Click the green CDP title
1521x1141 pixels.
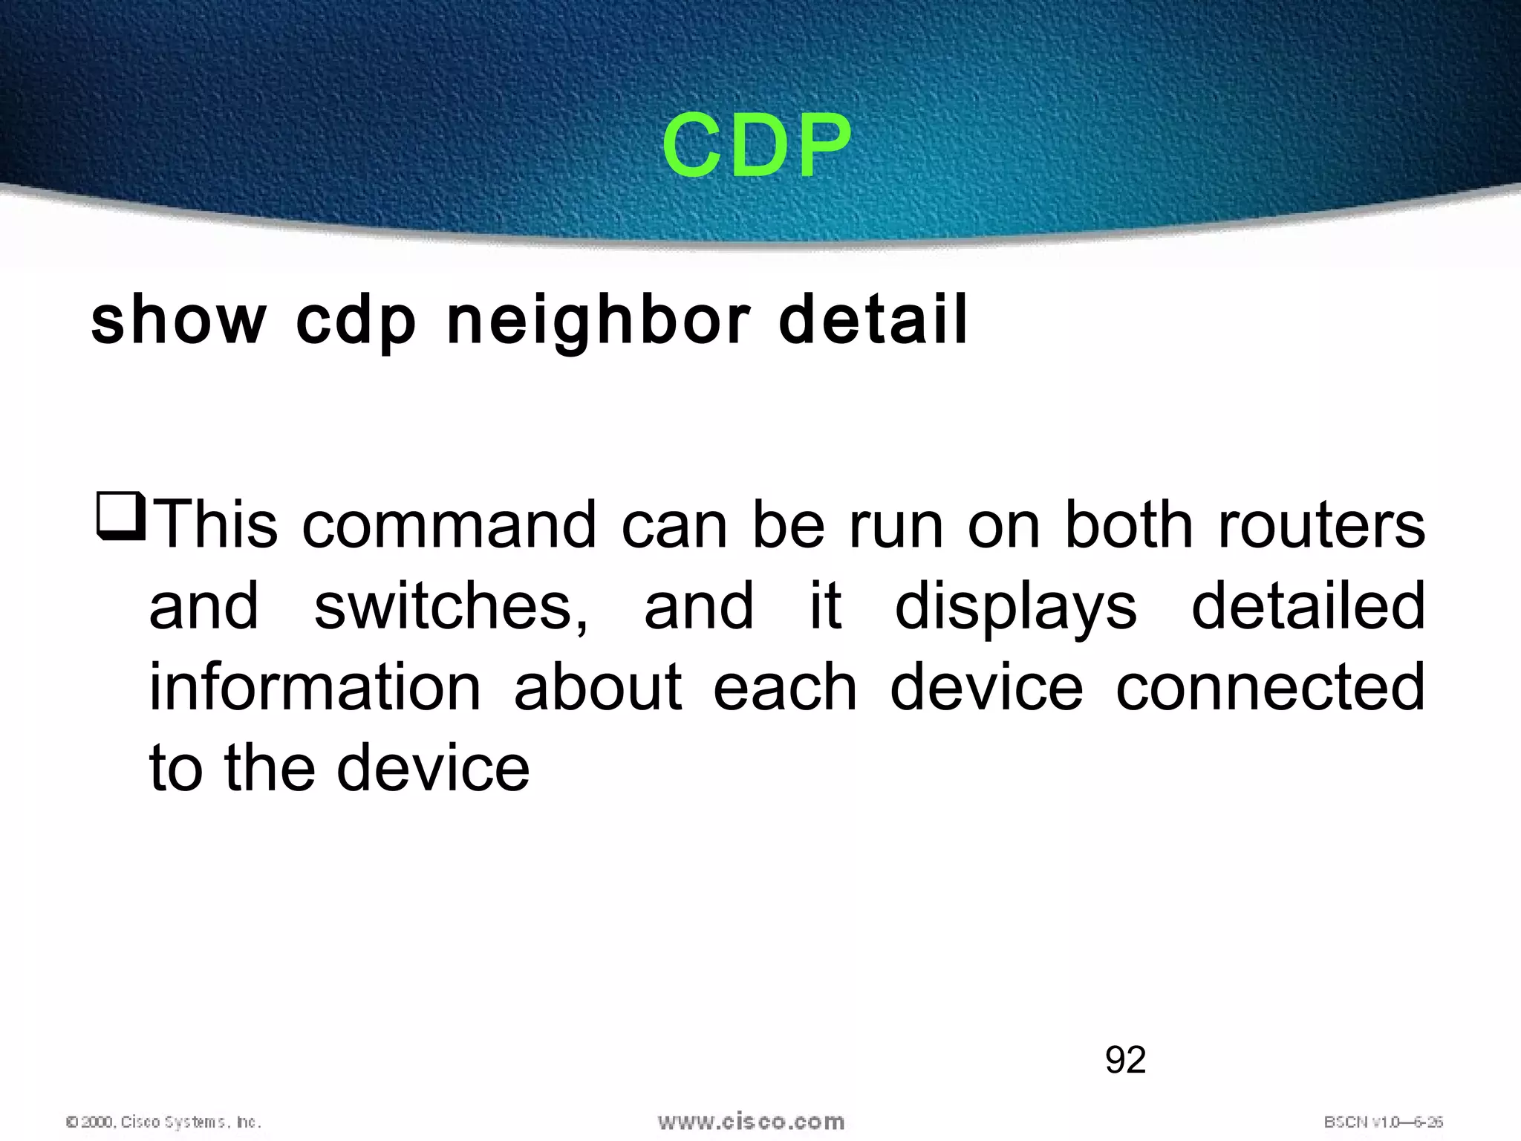(x=756, y=146)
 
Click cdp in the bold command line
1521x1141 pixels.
(x=356, y=322)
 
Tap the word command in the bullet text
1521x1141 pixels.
(x=449, y=525)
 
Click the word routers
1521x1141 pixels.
(x=1321, y=525)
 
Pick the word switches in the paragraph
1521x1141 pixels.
(x=451, y=607)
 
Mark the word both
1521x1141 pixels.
(x=1128, y=525)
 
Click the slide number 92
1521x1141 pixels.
(x=1125, y=1060)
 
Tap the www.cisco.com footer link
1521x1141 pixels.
(x=751, y=1121)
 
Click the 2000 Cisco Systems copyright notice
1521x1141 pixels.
(x=163, y=1122)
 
